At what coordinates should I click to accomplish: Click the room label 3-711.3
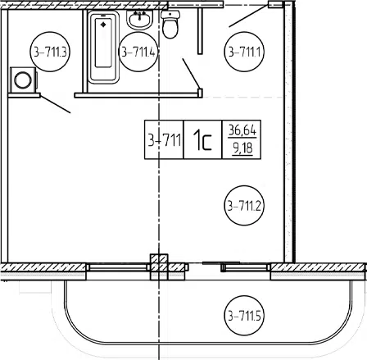point(50,52)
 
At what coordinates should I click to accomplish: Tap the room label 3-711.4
point(138,52)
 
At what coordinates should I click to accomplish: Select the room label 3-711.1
point(244,52)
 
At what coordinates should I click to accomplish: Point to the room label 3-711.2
point(244,206)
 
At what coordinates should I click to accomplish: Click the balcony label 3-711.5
point(244,316)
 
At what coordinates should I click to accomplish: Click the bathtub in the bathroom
point(104,47)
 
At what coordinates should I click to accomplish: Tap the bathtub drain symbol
point(103,25)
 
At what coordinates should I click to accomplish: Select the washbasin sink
point(139,20)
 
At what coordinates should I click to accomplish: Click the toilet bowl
point(170,29)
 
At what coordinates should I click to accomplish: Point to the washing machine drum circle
point(23,80)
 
